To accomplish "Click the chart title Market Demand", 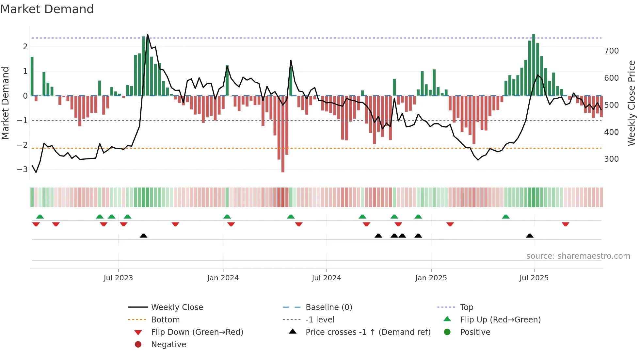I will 47,9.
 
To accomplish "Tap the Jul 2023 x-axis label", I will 118,278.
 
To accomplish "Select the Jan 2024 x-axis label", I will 223,278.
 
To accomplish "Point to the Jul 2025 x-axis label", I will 534,278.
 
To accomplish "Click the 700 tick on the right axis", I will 611,51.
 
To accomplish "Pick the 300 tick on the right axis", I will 611,159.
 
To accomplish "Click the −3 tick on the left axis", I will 22,170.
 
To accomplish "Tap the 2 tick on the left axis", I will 25,47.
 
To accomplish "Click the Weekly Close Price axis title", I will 632,103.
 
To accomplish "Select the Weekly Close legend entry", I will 177,307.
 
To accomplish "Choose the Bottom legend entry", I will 165,320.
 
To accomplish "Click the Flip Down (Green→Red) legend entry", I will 197,332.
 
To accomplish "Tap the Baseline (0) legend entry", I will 328,307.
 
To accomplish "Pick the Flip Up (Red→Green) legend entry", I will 500,320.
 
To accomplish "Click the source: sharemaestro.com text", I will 578,256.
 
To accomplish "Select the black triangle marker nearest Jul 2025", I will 530,236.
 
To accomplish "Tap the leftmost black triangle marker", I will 143,236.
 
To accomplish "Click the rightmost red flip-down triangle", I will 566,224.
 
